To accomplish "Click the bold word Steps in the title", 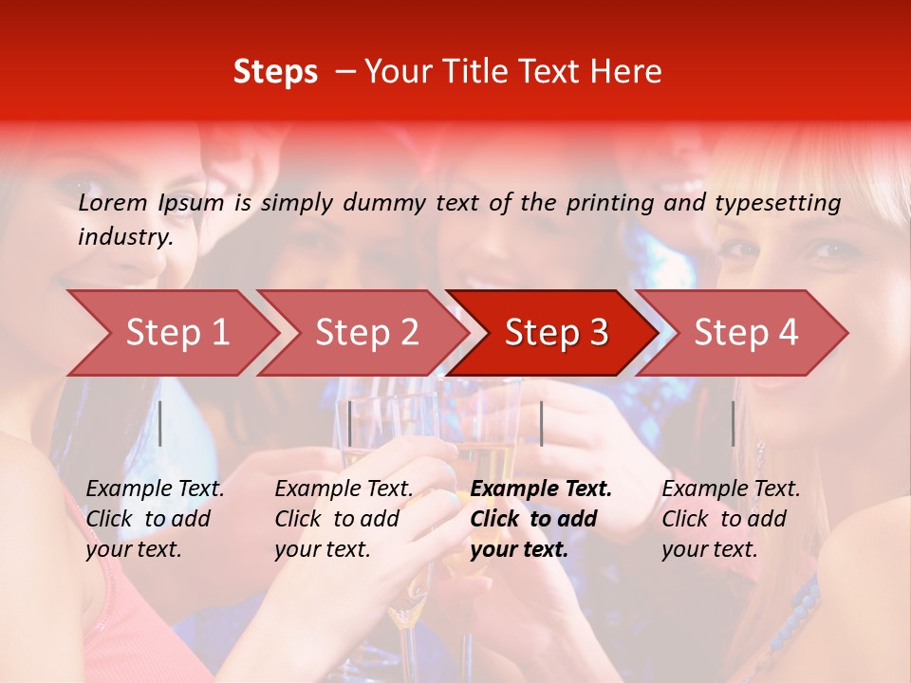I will pos(275,72).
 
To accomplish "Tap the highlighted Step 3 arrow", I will pos(556,333).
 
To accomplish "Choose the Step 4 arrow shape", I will pos(746,333).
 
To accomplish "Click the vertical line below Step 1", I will pos(160,423).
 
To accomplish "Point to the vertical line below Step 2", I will pos(350,423).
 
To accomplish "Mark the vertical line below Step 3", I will pos(541,423).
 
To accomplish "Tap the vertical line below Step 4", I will pos(734,423).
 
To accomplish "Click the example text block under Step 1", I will pos(155,519).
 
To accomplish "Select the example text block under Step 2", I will pos(344,519).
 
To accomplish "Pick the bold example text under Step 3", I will pos(541,519).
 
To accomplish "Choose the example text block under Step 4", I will pos(731,519).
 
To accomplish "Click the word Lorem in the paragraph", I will pos(113,203).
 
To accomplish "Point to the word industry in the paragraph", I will pos(125,237).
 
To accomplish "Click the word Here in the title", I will pos(631,72).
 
